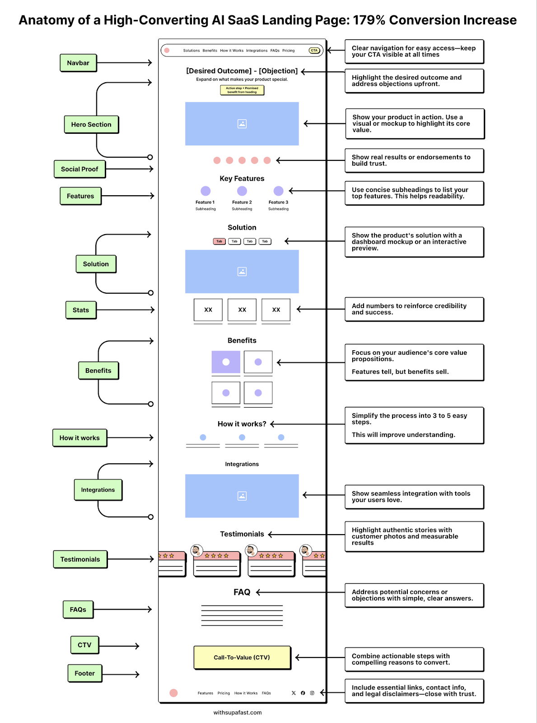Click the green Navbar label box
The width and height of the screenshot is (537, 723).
pos(78,63)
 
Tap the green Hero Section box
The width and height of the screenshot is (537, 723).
pos(91,124)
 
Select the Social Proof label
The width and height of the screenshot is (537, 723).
pos(79,169)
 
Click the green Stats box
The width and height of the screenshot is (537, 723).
pos(81,310)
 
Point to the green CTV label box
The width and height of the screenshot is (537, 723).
pos(84,645)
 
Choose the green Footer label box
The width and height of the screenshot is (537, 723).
pos(85,673)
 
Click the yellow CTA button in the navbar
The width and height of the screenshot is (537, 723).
pos(314,51)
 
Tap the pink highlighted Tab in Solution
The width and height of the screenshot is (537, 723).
pos(219,241)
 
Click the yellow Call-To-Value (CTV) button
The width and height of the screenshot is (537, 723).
pos(242,657)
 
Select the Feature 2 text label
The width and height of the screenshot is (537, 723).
pos(242,202)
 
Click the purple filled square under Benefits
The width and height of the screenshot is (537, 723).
pos(226,362)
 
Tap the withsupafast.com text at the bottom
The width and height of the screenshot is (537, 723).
pos(238,713)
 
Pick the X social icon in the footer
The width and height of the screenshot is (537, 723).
pos(294,693)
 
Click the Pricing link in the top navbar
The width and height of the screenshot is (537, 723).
pos(288,51)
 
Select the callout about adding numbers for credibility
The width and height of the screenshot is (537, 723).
pos(414,309)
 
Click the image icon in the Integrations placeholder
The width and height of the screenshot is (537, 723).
pos(242,496)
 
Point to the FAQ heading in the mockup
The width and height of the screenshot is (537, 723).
pos(242,592)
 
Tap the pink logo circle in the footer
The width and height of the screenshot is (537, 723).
pos(173,693)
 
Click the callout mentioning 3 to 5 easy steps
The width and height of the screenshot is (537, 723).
pos(414,425)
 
